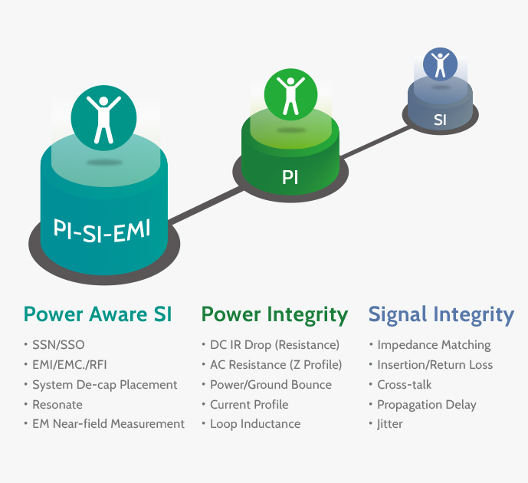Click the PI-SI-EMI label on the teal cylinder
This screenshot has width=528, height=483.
[x=102, y=231]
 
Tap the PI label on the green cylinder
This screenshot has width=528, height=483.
[x=290, y=177]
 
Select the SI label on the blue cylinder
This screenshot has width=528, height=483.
[x=440, y=120]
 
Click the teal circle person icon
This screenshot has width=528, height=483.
[x=103, y=118]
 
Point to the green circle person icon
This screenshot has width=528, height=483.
[x=290, y=94]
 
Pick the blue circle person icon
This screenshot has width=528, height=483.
[x=440, y=64]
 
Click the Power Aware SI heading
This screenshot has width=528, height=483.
[x=97, y=314]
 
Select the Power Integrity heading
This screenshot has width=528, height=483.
[x=274, y=315]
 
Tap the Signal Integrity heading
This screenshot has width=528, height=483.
[x=441, y=315]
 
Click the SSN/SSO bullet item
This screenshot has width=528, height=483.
[x=58, y=345]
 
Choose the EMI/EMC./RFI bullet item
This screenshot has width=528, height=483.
[x=70, y=365]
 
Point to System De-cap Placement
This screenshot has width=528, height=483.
[x=105, y=385]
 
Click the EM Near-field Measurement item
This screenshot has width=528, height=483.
[x=108, y=424]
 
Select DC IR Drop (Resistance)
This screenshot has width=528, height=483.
[x=275, y=345]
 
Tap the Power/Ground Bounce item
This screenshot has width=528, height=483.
[x=271, y=385]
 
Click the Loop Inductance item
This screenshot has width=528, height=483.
[x=255, y=424]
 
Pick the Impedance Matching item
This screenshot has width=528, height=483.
[x=434, y=345]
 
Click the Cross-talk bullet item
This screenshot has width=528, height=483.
[x=404, y=385]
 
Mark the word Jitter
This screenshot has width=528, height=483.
[x=389, y=424]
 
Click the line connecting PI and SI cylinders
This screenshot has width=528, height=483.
[x=376, y=143]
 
